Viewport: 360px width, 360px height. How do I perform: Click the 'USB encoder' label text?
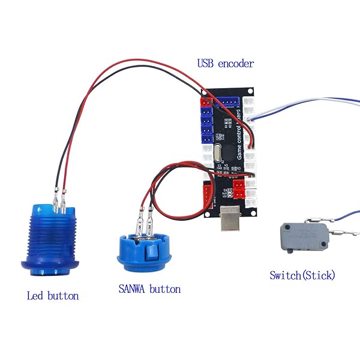(225, 63)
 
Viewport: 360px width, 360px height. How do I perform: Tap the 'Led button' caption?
(53, 295)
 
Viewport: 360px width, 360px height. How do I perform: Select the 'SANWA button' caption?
(149, 289)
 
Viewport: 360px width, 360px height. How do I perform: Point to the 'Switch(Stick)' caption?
(302, 275)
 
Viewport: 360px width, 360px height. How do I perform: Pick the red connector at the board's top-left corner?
(203, 103)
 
